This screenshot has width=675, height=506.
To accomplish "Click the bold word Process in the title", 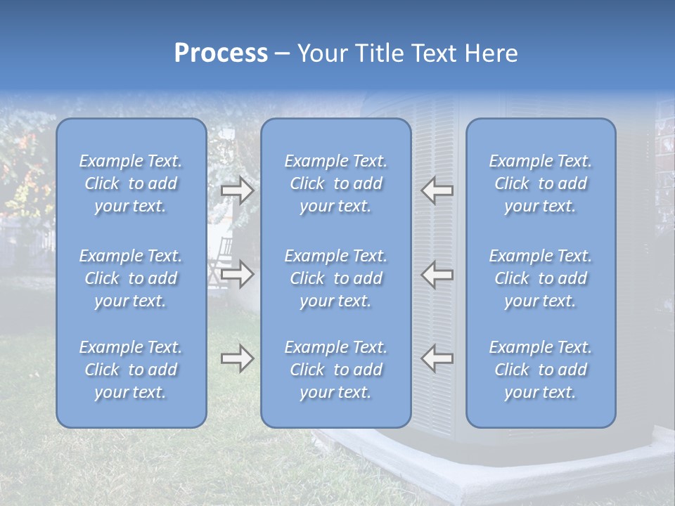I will coord(221,53).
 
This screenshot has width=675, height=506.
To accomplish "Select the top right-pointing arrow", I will coord(237,190).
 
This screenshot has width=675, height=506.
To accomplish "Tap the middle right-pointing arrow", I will coord(237,274).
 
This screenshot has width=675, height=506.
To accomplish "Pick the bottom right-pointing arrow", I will coord(237,359).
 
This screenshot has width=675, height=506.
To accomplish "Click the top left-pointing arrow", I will coord(437,190).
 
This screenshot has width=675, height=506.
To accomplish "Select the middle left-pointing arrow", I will coord(437,274).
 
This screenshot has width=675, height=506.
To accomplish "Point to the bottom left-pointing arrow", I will coord(437,358).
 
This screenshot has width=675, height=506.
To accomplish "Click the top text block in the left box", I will coord(131,183).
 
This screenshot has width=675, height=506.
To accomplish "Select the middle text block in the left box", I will coord(131,278).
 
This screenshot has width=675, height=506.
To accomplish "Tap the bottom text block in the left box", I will coord(131,370).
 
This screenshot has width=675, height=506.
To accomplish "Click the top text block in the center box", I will coord(335,183).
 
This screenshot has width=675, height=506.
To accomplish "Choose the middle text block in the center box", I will coord(335,278).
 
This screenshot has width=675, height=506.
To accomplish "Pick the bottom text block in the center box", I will coord(335,370).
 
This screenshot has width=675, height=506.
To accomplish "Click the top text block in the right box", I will coord(541,183).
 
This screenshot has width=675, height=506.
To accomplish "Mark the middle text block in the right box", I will coord(541,278).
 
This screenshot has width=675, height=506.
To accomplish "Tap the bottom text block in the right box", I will coord(541,370).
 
